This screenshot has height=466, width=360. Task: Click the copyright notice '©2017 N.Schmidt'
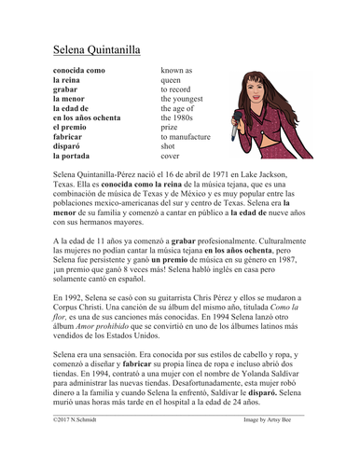point(71,448)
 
